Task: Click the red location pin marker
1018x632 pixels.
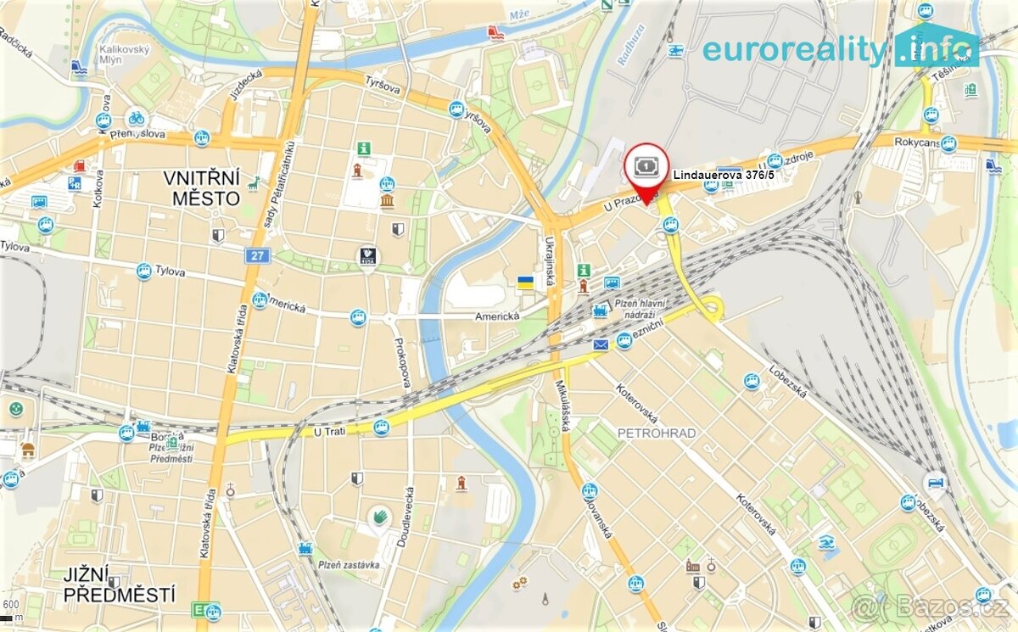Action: [646, 170]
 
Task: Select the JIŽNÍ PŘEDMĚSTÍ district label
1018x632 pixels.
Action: [119, 584]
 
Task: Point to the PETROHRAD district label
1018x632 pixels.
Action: [657, 433]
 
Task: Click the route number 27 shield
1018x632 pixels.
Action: [256, 254]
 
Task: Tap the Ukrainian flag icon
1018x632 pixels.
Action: [526, 282]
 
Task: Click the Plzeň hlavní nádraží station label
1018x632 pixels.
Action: [642, 310]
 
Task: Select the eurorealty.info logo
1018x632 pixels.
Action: [840, 48]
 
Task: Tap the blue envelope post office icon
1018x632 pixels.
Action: [601, 344]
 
